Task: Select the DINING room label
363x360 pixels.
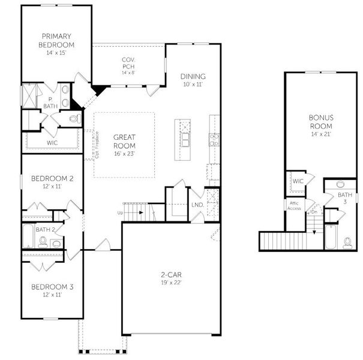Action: tap(193, 76)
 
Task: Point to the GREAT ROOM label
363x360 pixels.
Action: tap(124, 141)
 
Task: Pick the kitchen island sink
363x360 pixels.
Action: tap(185, 140)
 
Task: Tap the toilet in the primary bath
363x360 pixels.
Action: tap(75, 119)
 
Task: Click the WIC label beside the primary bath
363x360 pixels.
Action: tap(52, 143)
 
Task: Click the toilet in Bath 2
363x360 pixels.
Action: tap(43, 242)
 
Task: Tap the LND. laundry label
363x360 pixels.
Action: tap(197, 205)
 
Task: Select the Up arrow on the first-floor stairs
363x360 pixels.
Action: tap(121, 212)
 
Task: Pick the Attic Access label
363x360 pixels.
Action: tap(293, 205)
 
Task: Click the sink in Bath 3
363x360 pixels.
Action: tap(340, 184)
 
